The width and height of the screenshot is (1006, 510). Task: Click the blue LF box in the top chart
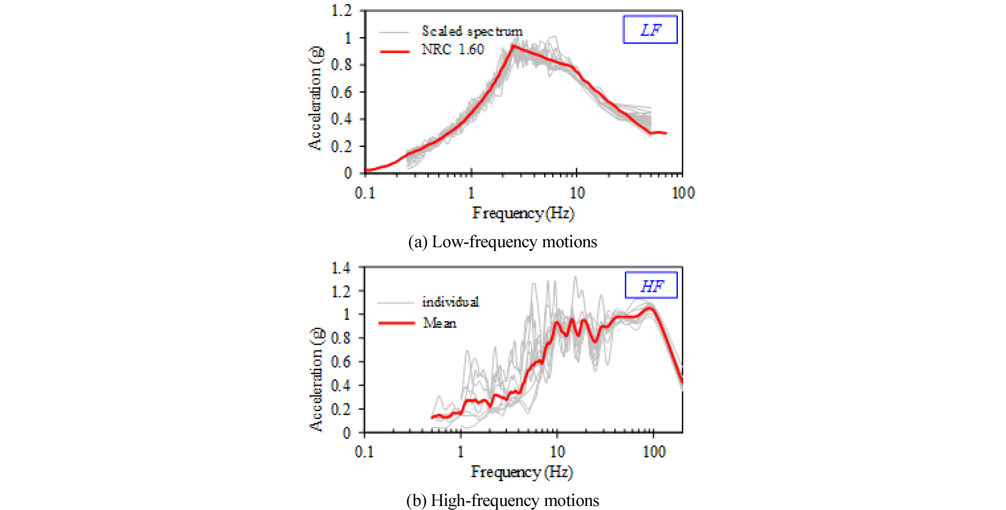coord(650,30)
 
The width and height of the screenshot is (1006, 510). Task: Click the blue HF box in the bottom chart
coord(651,286)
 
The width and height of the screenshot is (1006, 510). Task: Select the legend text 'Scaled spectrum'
coord(471,31)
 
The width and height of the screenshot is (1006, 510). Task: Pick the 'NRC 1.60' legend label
coord(452,50)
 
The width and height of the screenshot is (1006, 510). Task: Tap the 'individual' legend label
coord(450,302)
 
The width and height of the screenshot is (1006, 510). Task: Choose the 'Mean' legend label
coord(439,323)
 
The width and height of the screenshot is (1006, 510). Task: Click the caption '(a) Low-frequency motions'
coord(502,242)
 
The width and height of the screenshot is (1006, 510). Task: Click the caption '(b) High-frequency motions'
coord(502,500)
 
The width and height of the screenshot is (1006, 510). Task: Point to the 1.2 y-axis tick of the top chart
coord(342,11)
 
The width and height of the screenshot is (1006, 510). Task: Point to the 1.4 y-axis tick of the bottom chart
coord(341,268)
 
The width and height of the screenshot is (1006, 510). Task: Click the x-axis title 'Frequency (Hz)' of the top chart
coord(523,213)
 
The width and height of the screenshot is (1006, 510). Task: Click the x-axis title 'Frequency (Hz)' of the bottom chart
coord(522,472)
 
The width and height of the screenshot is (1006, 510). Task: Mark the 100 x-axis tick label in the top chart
coord(683,193)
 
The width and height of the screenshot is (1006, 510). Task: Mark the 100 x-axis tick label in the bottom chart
coord(654,452)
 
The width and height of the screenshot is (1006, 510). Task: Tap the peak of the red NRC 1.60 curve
coord(513,46)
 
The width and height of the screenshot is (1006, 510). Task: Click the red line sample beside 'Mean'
coord(396,323)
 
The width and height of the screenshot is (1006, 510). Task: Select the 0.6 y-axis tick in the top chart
coord(341,92)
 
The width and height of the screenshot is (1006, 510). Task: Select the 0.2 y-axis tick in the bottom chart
coord(341,409)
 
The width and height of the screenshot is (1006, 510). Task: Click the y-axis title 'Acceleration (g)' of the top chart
coord(315,98)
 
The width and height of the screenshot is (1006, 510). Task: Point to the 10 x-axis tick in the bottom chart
coord(557,452)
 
